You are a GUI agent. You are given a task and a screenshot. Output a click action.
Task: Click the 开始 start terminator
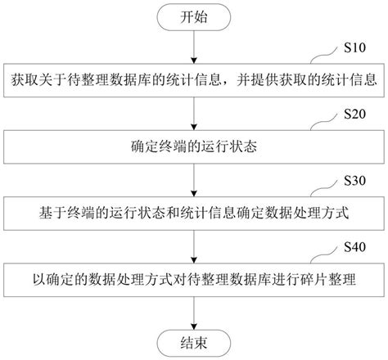point(193,16)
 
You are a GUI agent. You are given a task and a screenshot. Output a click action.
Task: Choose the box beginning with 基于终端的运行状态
point(193,214)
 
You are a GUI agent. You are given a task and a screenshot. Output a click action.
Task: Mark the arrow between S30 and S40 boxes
point(193,246)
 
